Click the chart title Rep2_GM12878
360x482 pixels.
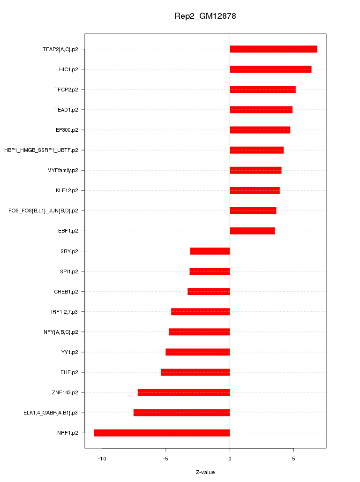205,16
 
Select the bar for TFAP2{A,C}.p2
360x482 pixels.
273,49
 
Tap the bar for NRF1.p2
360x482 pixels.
162,433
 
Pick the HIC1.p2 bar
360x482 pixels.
270,69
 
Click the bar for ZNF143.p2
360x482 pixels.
184,392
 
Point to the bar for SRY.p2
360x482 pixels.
210,251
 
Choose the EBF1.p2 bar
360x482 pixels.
252,231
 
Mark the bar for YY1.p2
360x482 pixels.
198,352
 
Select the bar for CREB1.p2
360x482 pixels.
209,291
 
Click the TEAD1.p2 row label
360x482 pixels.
66,110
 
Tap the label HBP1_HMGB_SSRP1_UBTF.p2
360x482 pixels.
41,150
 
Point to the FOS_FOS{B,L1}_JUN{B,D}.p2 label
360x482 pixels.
43,211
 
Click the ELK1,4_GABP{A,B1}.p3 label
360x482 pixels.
51,413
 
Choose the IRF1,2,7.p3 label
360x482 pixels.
65,311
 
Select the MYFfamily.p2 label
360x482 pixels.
63,170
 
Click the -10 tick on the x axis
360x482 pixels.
102,459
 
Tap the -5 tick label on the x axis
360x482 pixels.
165,459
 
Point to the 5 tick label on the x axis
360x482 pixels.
293,459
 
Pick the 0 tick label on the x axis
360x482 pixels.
230,459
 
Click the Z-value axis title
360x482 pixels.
205,472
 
